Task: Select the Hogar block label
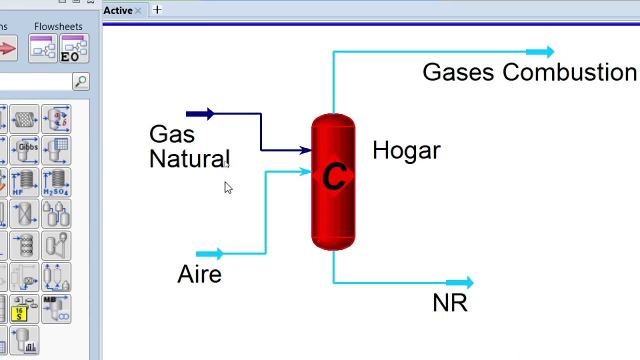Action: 406,150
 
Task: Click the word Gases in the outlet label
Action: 458,72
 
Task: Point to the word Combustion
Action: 569,72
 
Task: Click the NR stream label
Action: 450,302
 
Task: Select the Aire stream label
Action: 199,274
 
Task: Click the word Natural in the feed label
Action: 189,158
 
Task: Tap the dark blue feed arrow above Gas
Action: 199,114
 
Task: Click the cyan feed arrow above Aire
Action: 209,253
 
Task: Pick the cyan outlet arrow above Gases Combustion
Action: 540,52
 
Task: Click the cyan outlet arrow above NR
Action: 459,283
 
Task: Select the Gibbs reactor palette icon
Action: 24,150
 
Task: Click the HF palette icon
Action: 24,182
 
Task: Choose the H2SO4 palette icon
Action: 56,182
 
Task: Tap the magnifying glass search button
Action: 81,81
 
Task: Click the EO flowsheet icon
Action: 74,48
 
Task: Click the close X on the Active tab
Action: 138,11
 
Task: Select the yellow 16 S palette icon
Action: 24,309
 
